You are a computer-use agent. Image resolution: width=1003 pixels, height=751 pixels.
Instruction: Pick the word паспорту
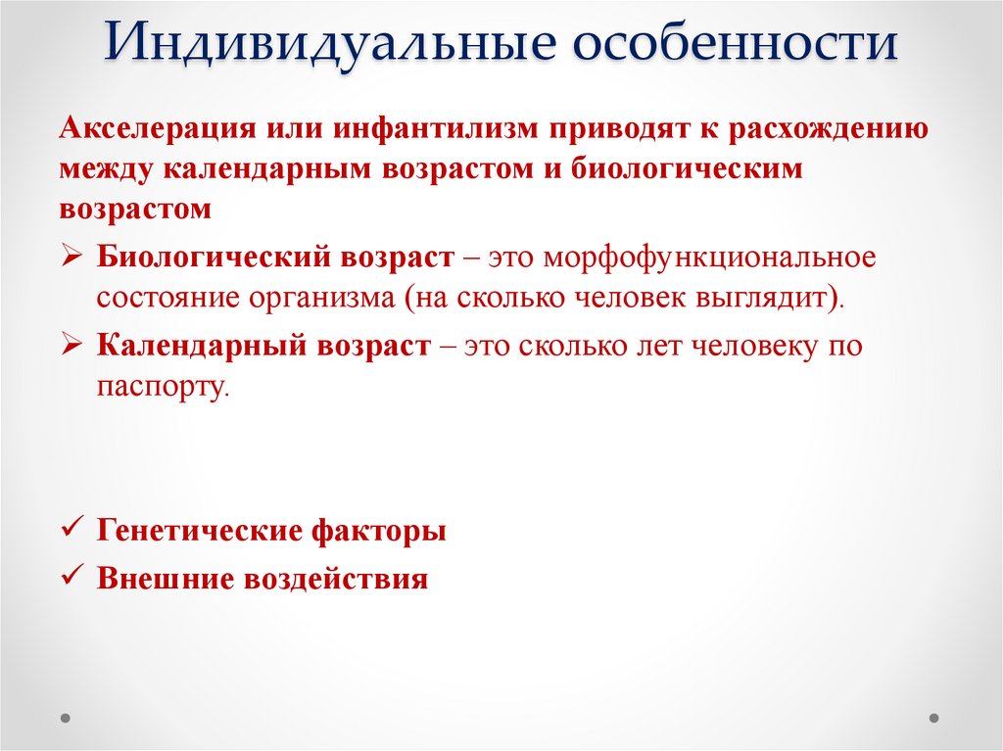coord(162,386)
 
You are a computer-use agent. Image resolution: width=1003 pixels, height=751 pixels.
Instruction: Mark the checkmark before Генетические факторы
coord(72,530)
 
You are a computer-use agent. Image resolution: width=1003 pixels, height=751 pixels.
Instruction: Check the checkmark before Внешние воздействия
coord(72,577)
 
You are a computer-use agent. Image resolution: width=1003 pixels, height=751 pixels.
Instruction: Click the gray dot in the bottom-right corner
coord(936,718)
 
